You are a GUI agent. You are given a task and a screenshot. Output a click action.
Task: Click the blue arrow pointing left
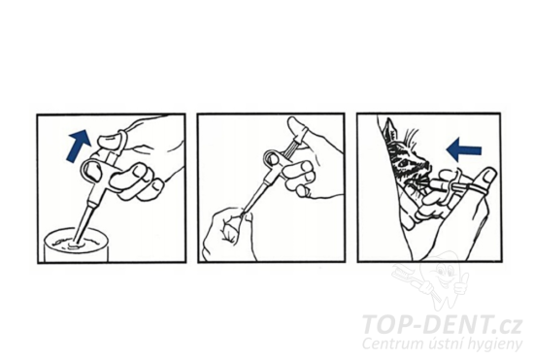(x=464, y=149)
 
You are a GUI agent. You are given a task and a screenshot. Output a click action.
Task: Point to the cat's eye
(x=405, y=163)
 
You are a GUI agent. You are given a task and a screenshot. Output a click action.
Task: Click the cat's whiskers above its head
(x=412, y=135)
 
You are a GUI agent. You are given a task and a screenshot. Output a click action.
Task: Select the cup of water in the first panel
(x=76, y=245)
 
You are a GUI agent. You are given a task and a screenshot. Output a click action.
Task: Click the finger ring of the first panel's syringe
(x=91, y=170)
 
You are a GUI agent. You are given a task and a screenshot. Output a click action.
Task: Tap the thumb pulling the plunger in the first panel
(x=112, y=142)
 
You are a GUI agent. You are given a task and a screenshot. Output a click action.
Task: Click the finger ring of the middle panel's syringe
(x=272, y=158)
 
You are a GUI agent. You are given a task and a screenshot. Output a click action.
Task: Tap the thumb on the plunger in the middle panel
(x=297, y=127)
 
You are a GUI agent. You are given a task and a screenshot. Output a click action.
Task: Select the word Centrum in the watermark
(x=383, y=344)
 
